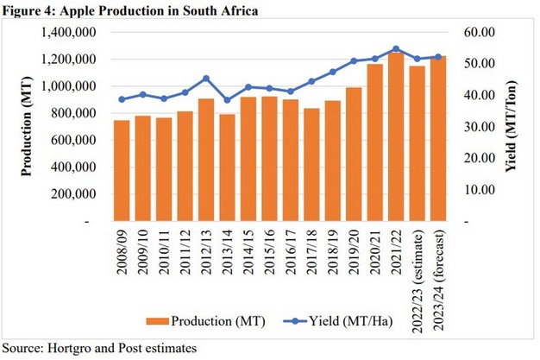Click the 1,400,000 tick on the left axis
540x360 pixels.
tap(66, 33)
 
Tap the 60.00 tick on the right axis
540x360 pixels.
tap(479, 33)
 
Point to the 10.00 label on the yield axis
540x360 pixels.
tap(479, 190)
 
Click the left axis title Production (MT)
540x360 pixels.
tap(27, 126)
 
